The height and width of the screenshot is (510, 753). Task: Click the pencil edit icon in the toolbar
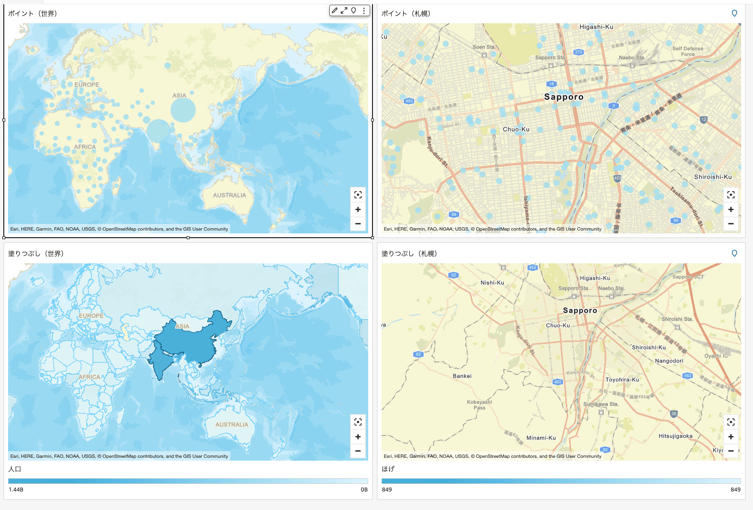(x=335, y=10)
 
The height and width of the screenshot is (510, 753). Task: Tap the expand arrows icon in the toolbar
(x=344, y=10)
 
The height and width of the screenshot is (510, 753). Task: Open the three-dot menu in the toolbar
(x=363, y=10)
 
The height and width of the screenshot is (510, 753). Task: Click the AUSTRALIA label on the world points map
(x=229, y=195)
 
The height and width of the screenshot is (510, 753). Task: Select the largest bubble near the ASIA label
(x=183, y=110)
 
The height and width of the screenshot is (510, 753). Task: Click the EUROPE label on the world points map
(x=87, y=85)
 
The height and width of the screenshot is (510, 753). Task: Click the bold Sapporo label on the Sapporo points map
(x=563, y=97)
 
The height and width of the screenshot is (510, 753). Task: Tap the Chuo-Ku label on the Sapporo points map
(x=516, y=130)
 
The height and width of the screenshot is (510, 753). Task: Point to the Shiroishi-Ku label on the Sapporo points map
(x=713, y=177)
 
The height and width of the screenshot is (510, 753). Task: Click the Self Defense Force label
(x=688, y=51)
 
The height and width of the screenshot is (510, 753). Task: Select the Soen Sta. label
(x=484, y=47)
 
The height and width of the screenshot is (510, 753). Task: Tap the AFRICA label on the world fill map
(x=90, y=377)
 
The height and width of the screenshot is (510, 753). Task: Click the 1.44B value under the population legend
(x=16, y=490)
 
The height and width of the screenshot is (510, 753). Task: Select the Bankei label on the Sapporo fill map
(x=462, y=376)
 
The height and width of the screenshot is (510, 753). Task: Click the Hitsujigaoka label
(x=675, y=436)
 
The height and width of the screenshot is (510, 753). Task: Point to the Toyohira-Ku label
(x=622, y=380)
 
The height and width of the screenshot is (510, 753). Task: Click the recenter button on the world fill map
(x=358, y=422)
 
